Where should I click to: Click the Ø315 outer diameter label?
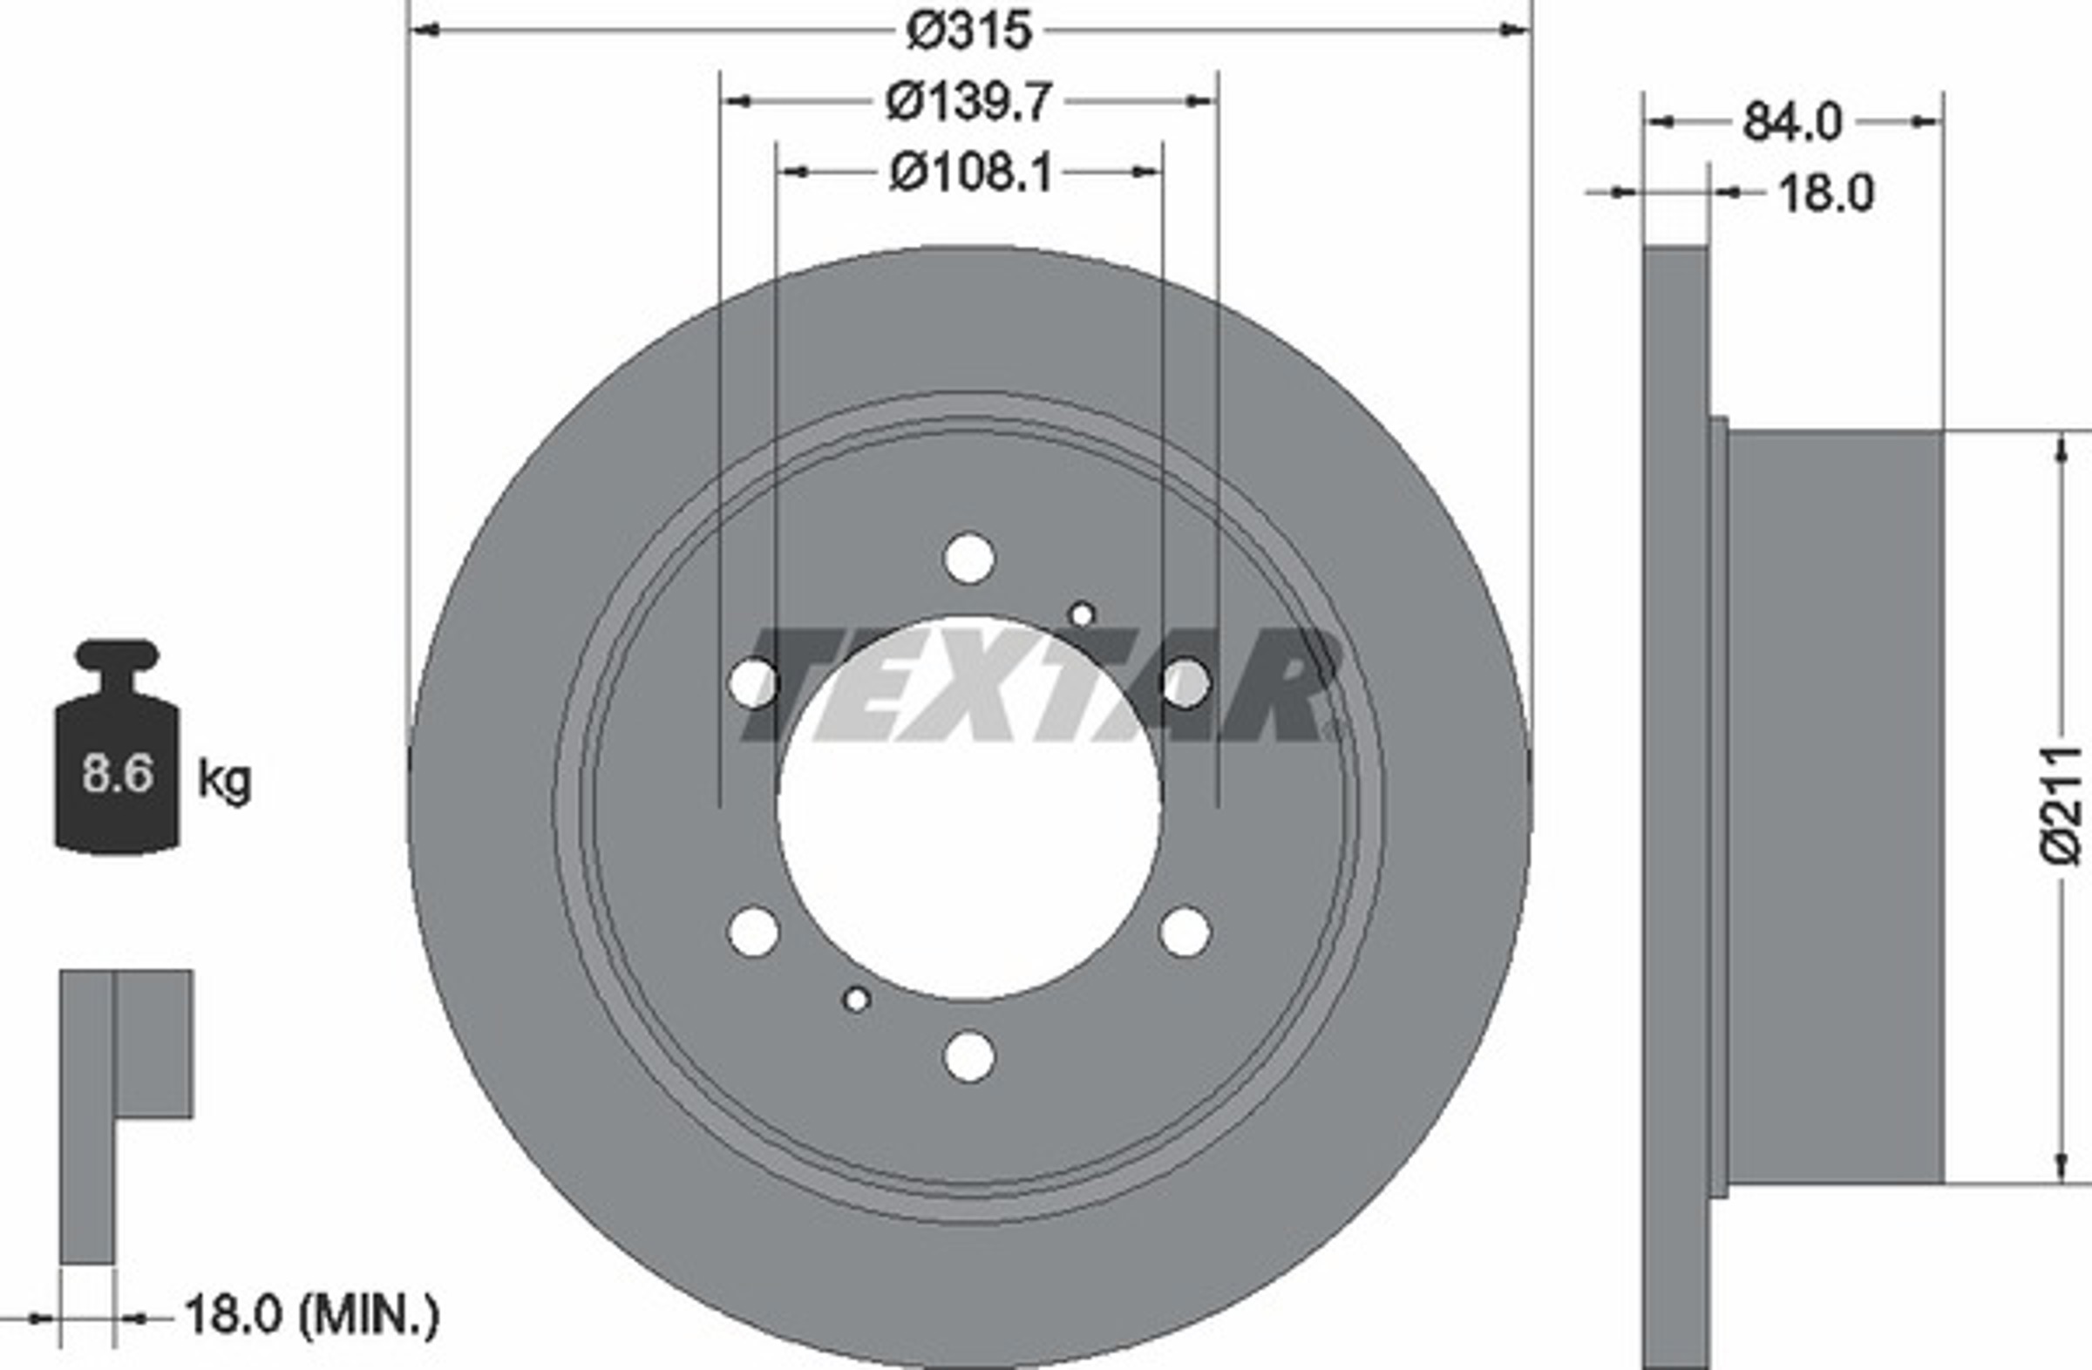(x=968, y=31)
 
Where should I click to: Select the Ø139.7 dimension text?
(x=968, y=102)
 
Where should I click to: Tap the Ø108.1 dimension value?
(x=970, y=173)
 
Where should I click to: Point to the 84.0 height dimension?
(x=1791, y=122)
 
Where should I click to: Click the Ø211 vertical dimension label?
(x=2061, y=807)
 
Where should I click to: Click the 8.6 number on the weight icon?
(x=118, y=774)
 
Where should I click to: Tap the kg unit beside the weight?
(x=224, y=780)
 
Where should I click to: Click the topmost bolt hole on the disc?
(x=968, y=557)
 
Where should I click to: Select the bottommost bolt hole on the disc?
(x=968, y=1056)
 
